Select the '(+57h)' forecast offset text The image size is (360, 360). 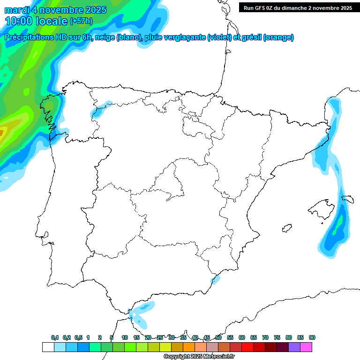81,21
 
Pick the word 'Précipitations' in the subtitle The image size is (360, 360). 30,37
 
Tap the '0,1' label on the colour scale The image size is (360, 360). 55,337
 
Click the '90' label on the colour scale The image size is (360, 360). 312,337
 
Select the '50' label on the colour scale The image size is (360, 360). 218,337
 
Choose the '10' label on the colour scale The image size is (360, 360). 125,337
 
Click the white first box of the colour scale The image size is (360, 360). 48,347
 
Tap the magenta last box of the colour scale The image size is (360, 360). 306,347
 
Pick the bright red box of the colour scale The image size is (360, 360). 247,347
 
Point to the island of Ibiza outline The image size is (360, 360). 286,228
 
